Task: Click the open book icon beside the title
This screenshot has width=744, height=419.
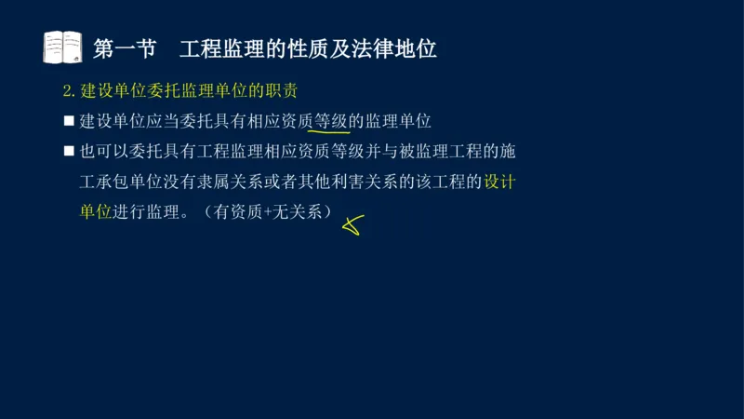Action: [x=62, y=47]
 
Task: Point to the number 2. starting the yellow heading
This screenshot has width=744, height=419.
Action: [x=68, y=91]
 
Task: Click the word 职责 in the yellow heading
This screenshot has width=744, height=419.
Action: [x=289, y=91]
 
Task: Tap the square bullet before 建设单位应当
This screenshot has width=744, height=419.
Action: [x=68, y=121]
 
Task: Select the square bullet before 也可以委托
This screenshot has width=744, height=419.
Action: [x=68, y=152]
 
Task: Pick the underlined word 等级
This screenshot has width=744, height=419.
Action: [x=330, y=121]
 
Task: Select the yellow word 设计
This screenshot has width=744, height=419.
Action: [x=499, y=182]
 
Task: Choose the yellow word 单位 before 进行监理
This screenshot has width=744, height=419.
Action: [x=96, y=211]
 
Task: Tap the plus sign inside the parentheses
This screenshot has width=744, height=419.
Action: [x=270, y=211]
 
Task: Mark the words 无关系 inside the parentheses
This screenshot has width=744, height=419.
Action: [x=297, y=211]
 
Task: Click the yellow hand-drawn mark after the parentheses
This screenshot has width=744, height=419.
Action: [x=352, y=223]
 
